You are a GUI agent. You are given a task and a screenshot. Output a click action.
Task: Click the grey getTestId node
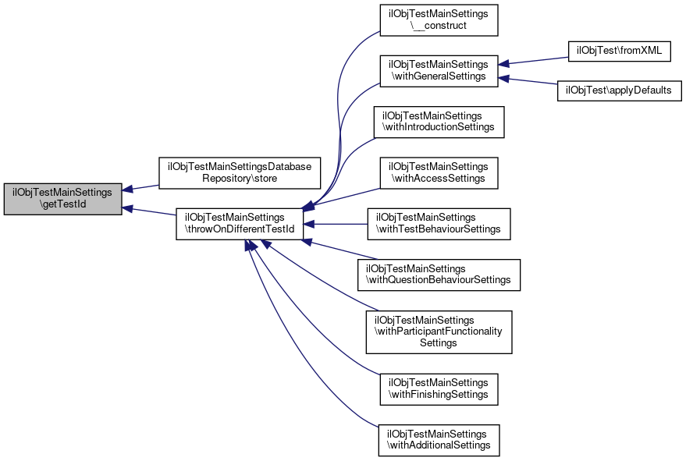[62, 199]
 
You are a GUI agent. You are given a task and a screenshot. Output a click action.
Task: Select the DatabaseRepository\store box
[240, 173]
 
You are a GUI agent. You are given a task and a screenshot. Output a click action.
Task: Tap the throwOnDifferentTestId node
[239, 223]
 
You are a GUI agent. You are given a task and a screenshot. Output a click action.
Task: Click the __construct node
[438, 20]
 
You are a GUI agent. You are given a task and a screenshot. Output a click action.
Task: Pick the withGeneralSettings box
[438, 70]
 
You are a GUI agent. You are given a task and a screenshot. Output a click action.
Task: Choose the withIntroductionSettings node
[438, 121]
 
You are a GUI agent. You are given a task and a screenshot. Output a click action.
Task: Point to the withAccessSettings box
[438, 172]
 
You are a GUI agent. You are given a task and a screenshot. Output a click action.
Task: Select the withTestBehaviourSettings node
[438, 223]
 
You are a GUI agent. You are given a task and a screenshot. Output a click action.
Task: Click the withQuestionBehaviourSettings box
[438, 275]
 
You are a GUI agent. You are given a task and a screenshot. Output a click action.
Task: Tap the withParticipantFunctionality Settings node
[438, 332]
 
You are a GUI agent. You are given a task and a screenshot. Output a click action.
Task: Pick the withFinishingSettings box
[438, 388]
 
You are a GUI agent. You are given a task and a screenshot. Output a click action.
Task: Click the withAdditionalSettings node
[438, 439]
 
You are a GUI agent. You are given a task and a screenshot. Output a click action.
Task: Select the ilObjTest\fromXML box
[619, 51]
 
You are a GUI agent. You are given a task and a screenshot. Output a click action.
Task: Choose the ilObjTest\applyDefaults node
[619, 90]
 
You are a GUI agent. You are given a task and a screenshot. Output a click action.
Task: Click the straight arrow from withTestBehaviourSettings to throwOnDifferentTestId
[336, 224]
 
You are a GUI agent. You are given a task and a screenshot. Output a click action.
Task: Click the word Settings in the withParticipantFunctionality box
[438, 343]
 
